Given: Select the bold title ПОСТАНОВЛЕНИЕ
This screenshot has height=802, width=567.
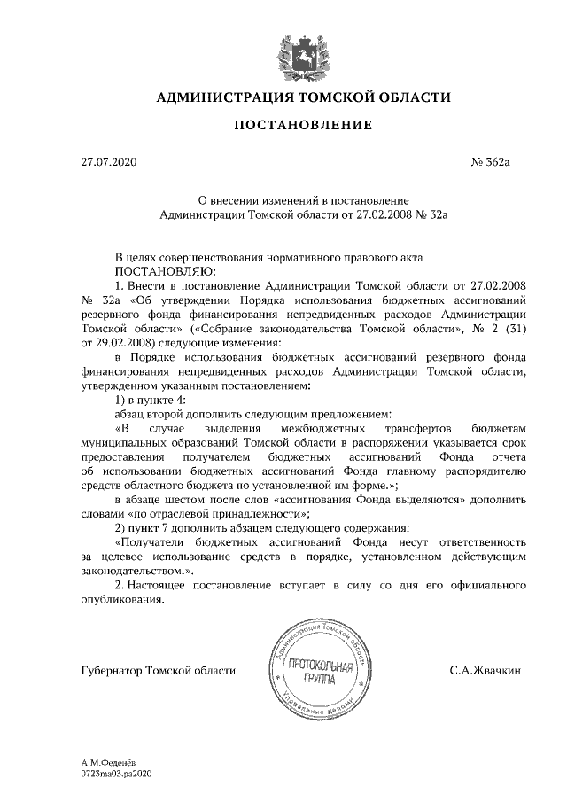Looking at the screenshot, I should pyautogui.click(x=302, y=127).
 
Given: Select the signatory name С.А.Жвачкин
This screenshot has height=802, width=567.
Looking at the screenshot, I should pyautogui.click(x=485, y=671).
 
